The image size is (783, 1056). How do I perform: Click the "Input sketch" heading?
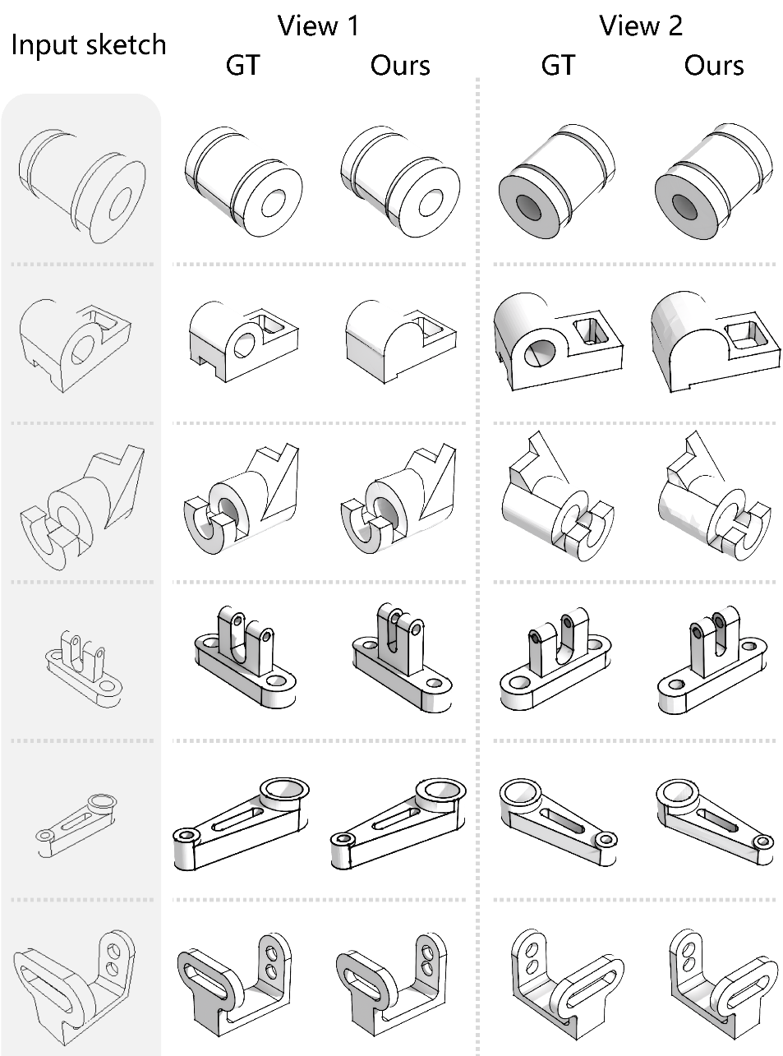(x=89, y=45)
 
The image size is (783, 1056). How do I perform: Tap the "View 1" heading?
(x=318, y=25)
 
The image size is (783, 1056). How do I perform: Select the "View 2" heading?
(x=641, y=25)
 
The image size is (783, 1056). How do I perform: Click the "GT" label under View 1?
(x=242, y=65)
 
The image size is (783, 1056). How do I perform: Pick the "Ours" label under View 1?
(x=400, y=66)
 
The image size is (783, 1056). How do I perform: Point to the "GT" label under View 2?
(x=558, y=65)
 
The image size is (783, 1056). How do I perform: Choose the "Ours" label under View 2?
(x=713, y=66)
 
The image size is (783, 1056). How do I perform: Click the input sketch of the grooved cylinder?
(x=82, y=186)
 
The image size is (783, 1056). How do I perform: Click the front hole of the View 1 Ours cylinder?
(x=431, y=203)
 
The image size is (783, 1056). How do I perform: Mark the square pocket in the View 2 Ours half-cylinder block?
(x=746, y=334)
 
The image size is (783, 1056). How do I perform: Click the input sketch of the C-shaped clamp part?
(x=82, y=508)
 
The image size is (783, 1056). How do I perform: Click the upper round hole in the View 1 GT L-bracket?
(x=272, y=952)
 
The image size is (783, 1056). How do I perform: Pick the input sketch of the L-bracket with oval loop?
(x=74, y=982)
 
